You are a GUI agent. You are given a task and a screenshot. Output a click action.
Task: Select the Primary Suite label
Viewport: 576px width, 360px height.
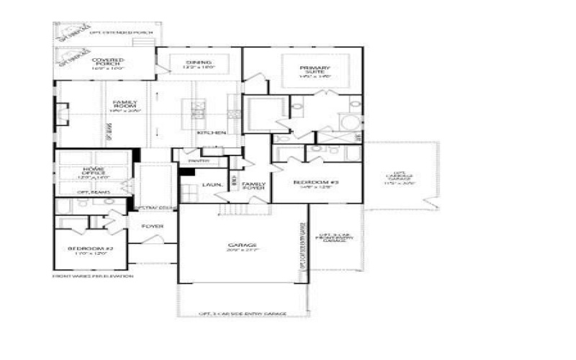(314, 72)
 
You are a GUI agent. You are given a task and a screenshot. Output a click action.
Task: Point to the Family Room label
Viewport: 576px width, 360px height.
(125, 107)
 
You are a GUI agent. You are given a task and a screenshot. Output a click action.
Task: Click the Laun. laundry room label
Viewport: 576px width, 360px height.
(212, 185)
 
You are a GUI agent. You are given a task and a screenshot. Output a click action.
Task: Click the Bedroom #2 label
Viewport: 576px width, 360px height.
(87, 251)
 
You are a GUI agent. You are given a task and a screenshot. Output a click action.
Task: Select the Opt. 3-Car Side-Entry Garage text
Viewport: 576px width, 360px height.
(243, 314)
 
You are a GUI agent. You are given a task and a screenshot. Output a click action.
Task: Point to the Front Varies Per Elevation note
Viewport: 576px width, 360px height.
(93, 276)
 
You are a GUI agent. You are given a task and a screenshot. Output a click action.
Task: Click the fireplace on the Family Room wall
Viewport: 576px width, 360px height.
(61, 114)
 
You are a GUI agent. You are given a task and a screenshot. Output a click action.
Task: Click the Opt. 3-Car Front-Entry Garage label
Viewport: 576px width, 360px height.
(336, 238)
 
